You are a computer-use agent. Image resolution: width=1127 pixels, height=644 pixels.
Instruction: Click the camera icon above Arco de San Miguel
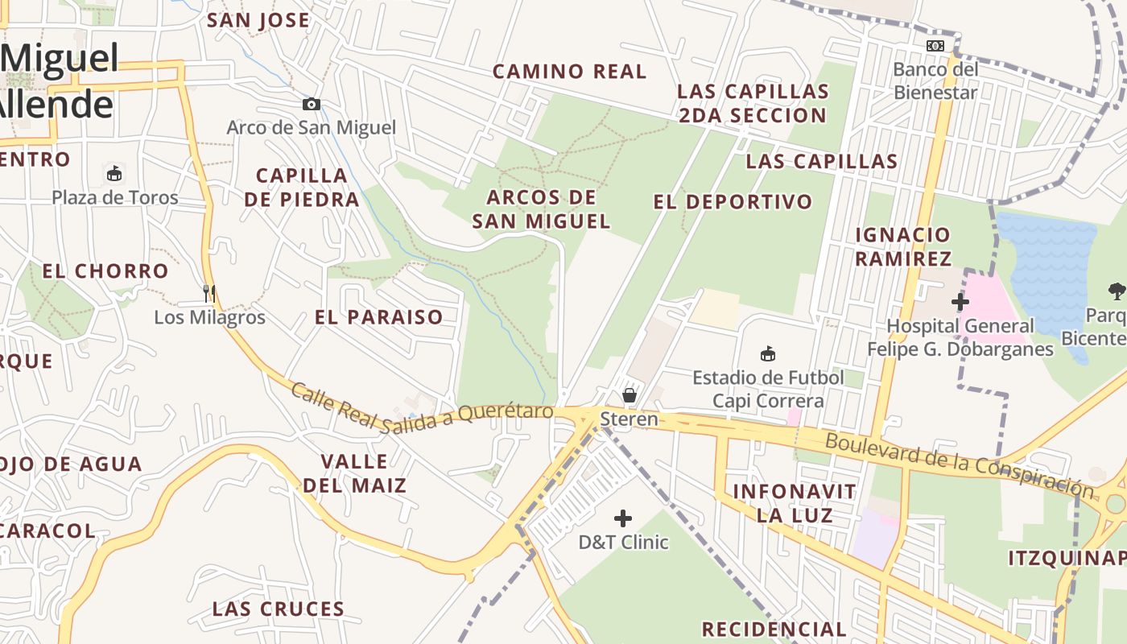pyautogui.click(x=312, y=104)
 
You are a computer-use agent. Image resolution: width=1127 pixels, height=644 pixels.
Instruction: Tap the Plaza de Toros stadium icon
pyautogui.click(x=114, y=173)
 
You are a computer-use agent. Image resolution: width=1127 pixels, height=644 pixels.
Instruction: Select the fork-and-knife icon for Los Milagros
pyautogui.click(x=209, y=293)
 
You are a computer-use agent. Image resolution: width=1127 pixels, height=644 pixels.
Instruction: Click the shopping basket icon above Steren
pyautogui.click(x=630, y=394)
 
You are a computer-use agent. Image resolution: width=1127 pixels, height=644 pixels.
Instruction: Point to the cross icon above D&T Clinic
pyautogui.click(x=623, y=518)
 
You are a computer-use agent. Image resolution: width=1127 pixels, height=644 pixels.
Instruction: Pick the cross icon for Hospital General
pyautogui.click(x=960, y=303)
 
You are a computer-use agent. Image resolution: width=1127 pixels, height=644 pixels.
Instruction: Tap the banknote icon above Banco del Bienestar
pyautogui.click(x=935, y=46)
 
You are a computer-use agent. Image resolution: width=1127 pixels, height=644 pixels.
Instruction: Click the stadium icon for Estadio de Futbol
pyautogui.click(x=768, y=353)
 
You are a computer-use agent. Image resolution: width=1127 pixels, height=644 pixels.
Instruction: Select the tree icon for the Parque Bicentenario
pyautogui.click(x=1117, y=291)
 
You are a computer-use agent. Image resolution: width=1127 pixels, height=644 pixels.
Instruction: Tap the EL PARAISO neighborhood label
pyautogui.click(x=379, y=317)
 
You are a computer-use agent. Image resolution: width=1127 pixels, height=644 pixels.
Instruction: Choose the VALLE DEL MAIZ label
pyautogui.click(x=354, y=473)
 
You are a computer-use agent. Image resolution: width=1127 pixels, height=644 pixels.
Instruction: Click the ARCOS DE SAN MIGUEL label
pyautogui.click(x=541, y=208)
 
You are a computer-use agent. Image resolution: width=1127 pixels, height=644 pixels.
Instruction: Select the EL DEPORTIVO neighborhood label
pyautogui.click(x=733, y=202)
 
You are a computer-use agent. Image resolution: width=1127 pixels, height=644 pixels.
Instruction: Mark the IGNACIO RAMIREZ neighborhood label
pyautogui.click(x=902, y=246)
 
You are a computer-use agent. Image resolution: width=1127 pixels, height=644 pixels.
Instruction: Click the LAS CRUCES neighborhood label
pyautogui.click(x=279, y=609)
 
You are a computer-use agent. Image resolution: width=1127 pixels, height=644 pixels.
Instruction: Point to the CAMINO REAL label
pyautogui.click(x=569, y=72)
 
